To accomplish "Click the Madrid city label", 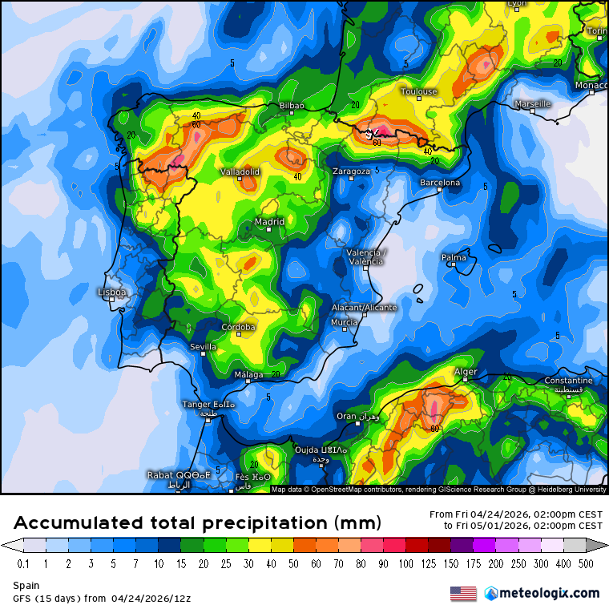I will coord(269,222).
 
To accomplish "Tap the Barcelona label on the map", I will coord(441,183).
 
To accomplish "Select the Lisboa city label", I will coord(111,292).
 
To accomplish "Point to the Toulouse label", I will coord(419,91).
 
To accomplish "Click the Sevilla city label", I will coord(203,347).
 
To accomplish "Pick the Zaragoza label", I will coord(352,171).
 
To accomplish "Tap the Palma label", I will coord(454,257).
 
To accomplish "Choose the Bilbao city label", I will coord(292,106).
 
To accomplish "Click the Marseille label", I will coord(532,104).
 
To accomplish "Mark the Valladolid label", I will coord(240,171).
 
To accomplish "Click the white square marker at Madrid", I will coord(270,230).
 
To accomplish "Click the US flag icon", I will coord(463,594).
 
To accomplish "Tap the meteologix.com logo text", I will coord(550,594).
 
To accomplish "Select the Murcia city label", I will coord(344,322).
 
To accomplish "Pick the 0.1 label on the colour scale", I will coord(23,563).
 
